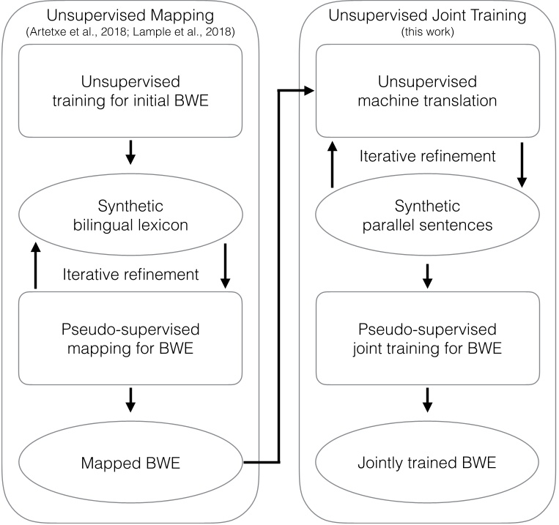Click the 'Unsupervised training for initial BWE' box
click(x=130, y=90)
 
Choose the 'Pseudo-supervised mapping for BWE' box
click(x=130, y=338)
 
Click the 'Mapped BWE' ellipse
click(x=130, y=462)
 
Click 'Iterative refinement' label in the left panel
click(x=130, y=275)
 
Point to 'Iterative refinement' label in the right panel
click(x=428, y=156)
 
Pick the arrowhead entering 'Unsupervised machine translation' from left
click(x=308, y=90)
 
